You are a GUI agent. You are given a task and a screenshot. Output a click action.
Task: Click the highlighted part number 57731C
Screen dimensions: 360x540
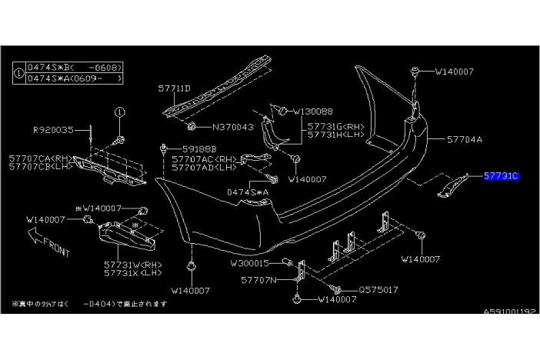click(502, 176)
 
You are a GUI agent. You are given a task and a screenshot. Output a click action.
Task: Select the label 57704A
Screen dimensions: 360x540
click(465, 140)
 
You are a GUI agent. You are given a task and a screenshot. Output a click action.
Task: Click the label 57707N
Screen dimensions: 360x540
click(258, 282)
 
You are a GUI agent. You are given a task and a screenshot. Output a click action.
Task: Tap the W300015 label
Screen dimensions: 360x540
click(249, 263)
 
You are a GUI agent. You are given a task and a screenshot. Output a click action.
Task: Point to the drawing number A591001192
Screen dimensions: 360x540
click(508, 312)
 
